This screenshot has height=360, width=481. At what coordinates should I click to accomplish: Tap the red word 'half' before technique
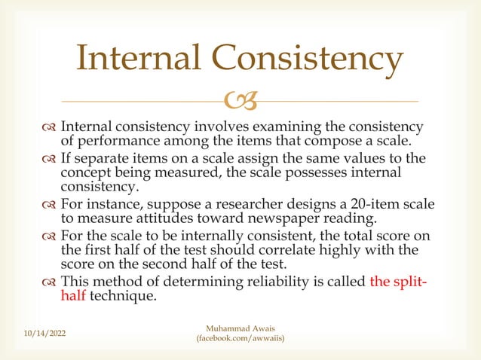pyautogui.click(x=73, y=296)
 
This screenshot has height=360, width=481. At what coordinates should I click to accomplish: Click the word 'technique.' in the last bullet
pyautogui.click(x=124, y=296)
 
